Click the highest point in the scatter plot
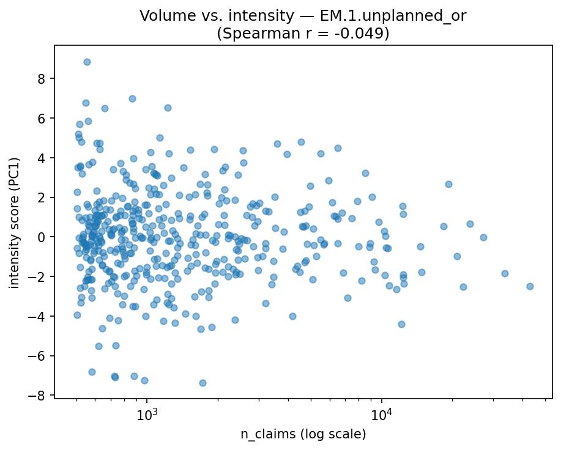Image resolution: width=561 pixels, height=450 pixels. point(87,62)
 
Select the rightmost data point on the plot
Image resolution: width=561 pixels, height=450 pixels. point(530,286)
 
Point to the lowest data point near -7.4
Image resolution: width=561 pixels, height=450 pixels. point(202,383)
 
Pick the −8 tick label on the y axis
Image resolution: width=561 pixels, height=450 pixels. point(40,396)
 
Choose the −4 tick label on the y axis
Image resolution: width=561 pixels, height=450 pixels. point(40,316)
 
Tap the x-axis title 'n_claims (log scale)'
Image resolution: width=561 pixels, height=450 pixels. point(303,435)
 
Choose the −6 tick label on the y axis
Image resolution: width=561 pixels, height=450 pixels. point(40,356)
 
